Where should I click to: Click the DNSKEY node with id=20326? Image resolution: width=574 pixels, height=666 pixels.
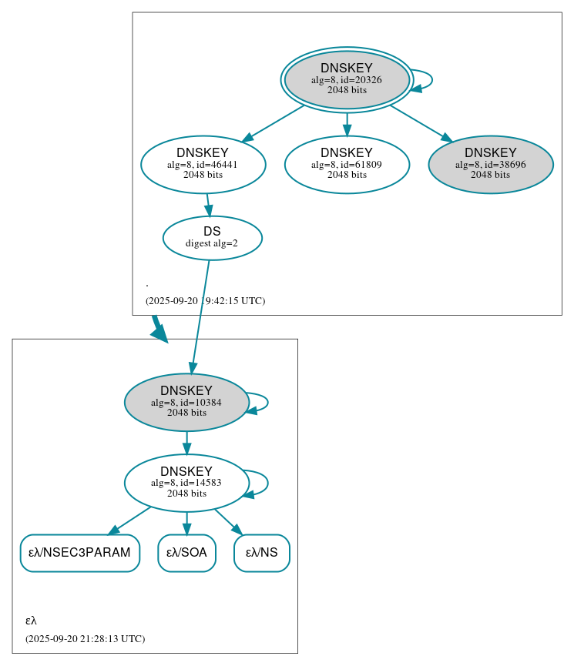347,79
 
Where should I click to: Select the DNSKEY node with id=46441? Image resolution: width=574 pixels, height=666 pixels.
203,164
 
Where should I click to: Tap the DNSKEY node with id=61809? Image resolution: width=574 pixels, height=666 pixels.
347,164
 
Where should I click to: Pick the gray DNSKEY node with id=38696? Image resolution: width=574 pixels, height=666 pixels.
491,164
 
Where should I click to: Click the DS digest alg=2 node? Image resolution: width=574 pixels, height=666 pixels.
212,238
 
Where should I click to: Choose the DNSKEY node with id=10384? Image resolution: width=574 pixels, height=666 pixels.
186,402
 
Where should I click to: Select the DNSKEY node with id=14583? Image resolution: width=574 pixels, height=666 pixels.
186,483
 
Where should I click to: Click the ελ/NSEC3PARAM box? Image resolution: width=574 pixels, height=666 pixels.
79,553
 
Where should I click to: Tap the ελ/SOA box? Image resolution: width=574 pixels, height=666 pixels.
186,553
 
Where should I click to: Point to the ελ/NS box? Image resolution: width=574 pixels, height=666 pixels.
261,553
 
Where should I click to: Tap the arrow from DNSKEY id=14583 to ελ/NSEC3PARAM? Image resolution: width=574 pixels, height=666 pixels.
130,520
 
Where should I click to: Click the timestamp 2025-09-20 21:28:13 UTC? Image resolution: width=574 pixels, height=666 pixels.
85,638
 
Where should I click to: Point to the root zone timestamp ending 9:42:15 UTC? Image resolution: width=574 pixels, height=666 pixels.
205,300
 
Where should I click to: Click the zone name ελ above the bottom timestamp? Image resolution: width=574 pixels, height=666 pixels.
31,620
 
